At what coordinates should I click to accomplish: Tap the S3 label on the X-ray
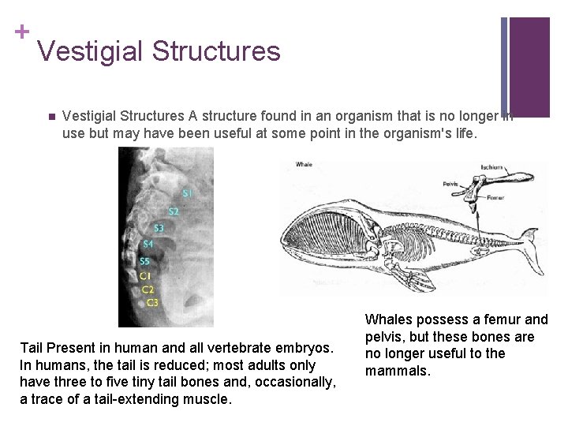(159, 229)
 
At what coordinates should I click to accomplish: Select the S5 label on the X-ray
(145, 261)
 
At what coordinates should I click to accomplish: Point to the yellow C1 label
(145, 275)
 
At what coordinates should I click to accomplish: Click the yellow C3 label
(151, 302)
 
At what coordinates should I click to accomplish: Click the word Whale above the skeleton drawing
(304, 165)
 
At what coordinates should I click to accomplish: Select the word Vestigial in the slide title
(89, 51)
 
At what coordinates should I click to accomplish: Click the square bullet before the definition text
(48, 117)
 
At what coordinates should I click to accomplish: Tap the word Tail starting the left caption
(32, 348)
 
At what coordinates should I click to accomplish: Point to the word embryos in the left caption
(308, 348)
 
